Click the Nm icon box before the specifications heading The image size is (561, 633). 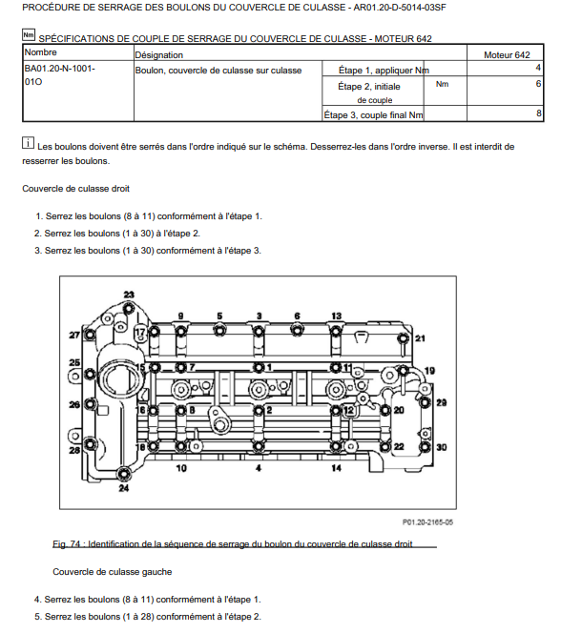click(x=29, y=35)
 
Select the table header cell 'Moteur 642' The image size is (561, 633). click(x=507, y=55)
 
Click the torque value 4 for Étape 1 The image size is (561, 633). click(x=538, y=68)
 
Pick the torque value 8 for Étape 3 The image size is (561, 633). click(x=538, y=113)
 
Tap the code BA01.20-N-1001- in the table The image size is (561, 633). click(x=60, y=69)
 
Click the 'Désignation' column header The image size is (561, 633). click(x=158, y=55)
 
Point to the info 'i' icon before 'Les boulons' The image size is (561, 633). click(x=28, y=142)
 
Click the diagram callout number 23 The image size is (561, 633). click(x=129, y=295)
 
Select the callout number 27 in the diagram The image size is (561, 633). click(x=74, y=335)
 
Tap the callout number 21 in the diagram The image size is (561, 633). click(x=420, y=338)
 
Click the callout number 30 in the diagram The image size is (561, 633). click(x=442, y=447)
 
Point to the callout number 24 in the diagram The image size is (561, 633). click(x=124, y=488)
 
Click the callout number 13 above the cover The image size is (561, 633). click(x=337, y=316)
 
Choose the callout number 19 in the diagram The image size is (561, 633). click(x=429, y=370)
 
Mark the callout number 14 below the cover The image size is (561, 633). click(x=337, y=468)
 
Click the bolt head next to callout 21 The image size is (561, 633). click(x=403, y=338)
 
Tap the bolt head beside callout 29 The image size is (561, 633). click(x=425, y=402)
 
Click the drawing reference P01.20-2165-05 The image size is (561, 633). click(x=427, y=522)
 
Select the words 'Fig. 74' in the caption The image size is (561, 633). click(x=66, y=543)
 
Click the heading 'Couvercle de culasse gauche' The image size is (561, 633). click(x=113, y=572)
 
